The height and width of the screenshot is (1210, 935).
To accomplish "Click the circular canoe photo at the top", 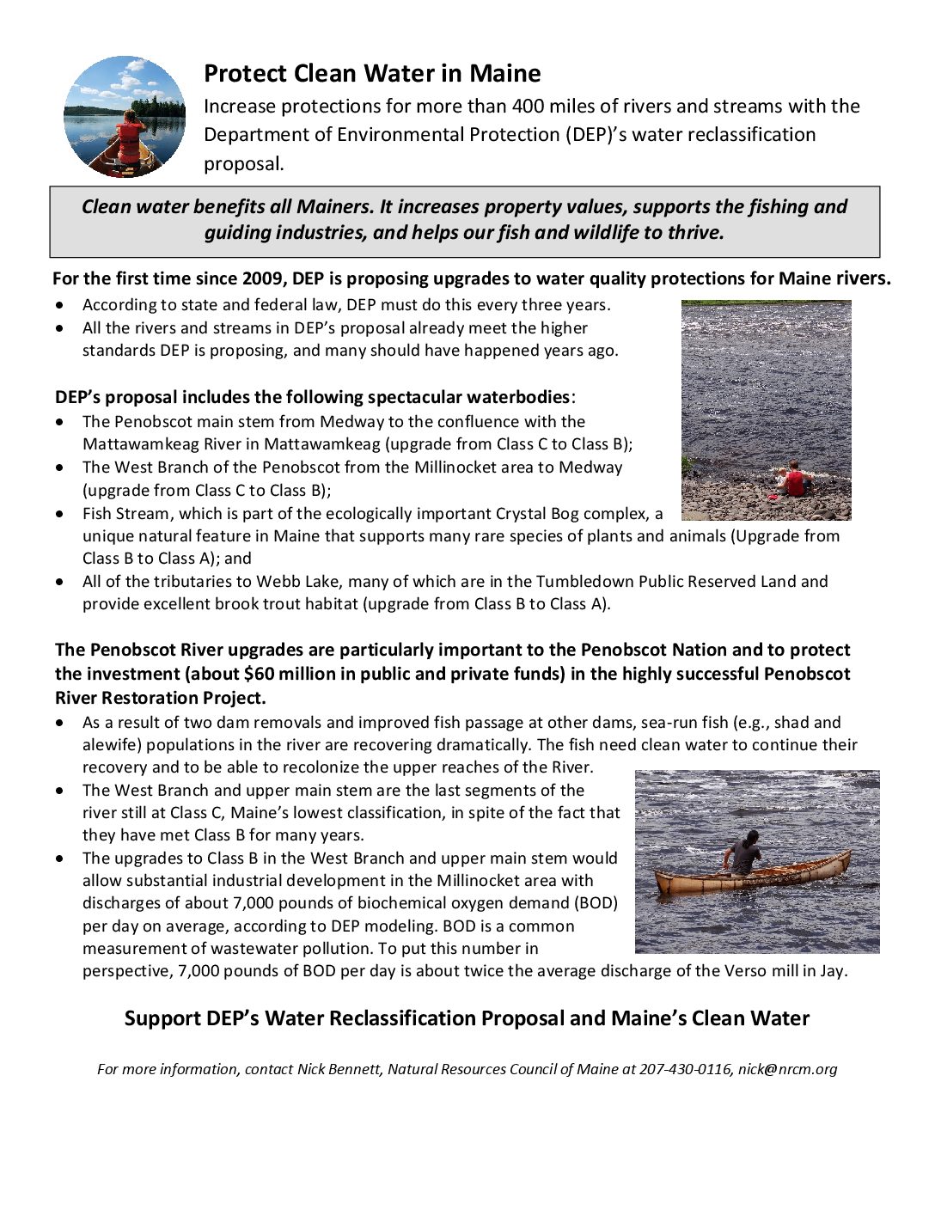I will (125, 117).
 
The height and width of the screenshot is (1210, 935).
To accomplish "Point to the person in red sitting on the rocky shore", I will (794, 480).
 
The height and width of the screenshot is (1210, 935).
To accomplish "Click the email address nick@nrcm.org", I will (787, 1069).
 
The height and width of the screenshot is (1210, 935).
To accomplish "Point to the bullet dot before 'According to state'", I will (58, 305).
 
